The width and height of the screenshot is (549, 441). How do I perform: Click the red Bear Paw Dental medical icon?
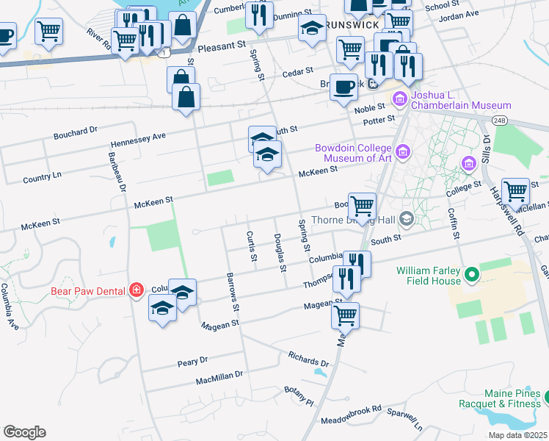coord(136,290)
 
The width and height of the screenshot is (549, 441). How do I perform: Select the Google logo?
coord(24,431)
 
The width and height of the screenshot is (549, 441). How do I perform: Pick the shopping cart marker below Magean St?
coord(344,315)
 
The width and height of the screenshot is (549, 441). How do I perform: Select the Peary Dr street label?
coord(193,362)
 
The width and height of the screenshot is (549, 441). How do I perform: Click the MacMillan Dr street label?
coord(219,379)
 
